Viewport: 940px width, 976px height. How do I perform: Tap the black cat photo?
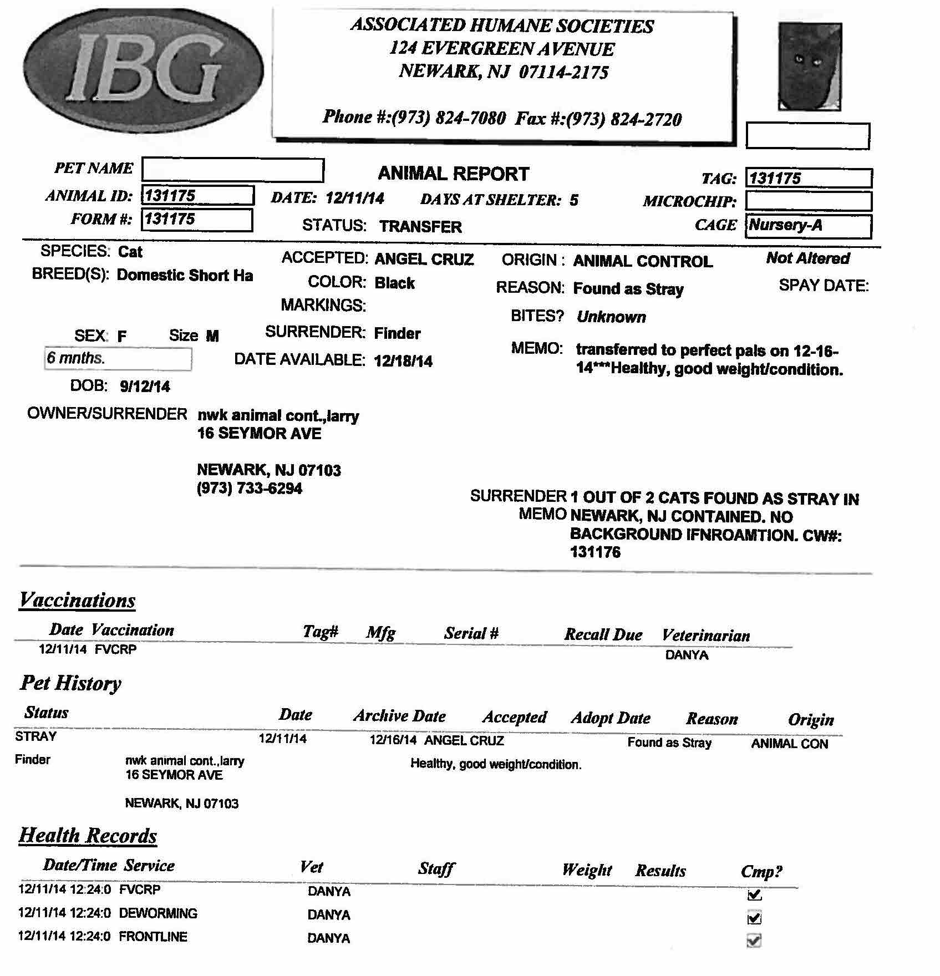click(x=810, y=67)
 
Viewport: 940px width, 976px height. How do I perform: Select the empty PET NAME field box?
click(x=233, y=170)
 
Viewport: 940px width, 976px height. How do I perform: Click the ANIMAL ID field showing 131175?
click(x=198, y=196)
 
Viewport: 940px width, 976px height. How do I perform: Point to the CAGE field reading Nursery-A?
click(x=808, y=226)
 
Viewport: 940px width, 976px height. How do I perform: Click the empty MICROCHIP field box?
click(x=808, y=201)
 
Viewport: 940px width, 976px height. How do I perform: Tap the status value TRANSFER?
click(x=420, y=227)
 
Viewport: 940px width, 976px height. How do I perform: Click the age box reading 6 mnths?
click(x=118, y=359)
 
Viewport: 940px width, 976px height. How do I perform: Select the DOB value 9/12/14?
click(x=145, y=387)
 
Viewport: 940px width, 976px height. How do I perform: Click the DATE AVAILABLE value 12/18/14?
click(x=403, y=362)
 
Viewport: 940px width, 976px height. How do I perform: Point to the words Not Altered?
click(x=807, y=258)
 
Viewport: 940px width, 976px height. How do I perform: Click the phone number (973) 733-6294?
click(x=250, y=489)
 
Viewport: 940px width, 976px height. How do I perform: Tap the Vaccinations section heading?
click(x=77, y=601)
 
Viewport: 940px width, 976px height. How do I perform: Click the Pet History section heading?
click(x=70, y=683)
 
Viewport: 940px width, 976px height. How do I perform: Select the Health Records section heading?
click(x=88, y=836)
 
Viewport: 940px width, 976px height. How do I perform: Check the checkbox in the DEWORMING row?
click(x=754, y=918)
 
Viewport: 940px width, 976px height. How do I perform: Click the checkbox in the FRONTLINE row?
click(x=754, y=941)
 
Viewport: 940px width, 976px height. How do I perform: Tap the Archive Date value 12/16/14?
click(x=393, y=740)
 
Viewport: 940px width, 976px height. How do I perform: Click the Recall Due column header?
click(x=603, y=634)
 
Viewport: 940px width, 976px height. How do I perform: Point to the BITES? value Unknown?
click(x=611, y=317)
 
